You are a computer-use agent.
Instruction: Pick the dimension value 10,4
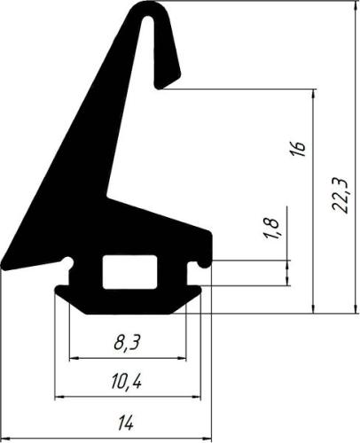click(x=127, y=383)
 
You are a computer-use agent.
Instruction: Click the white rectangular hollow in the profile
click(x=129, y=272)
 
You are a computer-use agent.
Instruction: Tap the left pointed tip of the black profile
click(x=4, y=263)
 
